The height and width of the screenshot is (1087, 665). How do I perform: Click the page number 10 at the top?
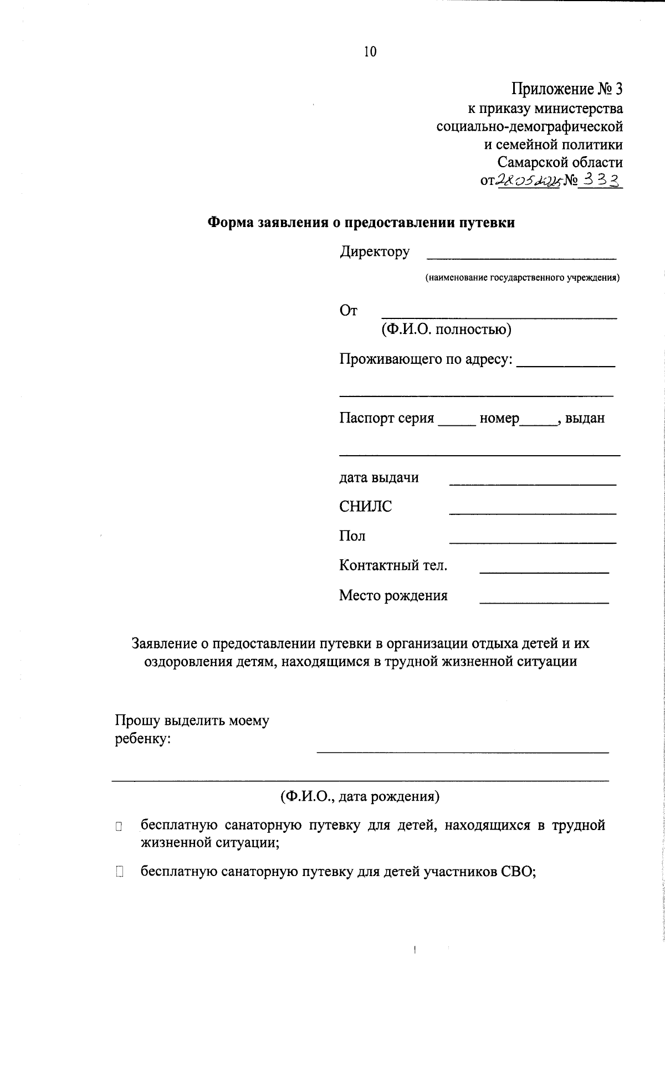pos(370,51)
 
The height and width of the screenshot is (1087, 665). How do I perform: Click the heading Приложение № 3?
pos(567,89)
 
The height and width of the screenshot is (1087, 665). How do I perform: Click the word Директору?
pos(375,252)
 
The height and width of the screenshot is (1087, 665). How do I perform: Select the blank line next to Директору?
pos(521,256)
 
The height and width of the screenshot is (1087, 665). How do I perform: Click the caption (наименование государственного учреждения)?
pos(522,278)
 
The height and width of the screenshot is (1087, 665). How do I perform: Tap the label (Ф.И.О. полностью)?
pos(446,330)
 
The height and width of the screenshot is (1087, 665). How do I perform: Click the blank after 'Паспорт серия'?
pos(457,423)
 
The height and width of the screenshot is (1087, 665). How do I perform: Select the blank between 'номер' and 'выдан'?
pos(538,423)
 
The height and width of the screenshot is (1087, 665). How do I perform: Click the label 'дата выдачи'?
pos(378,477)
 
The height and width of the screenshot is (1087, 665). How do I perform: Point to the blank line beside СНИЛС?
pos(532,512)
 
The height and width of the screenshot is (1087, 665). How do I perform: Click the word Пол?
pos(352,536)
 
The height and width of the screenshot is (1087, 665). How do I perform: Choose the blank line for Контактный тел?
pos(544,570)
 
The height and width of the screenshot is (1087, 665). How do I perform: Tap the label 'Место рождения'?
pos(393,596)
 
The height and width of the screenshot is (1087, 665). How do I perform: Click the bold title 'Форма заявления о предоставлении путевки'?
pos(361,223)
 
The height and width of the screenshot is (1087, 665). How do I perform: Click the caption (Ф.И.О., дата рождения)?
pos(360,797)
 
